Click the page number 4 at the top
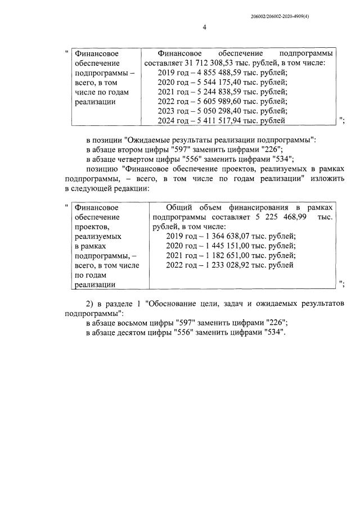point(204,27)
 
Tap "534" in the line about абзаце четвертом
point(277,159)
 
